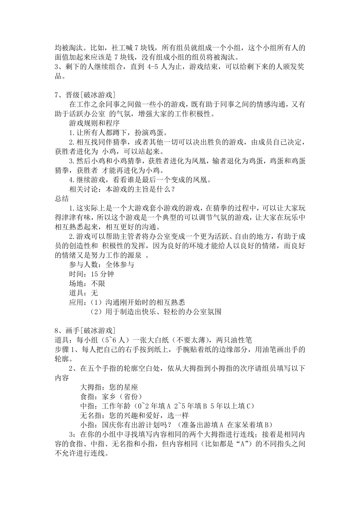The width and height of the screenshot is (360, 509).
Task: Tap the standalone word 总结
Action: pyautogui.click(x=62, y=198)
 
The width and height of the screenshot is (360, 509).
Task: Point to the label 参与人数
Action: pyautogui.click(x=83, y=265)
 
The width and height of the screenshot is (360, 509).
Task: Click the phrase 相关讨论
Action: pyautogui.click(x=83, y=189)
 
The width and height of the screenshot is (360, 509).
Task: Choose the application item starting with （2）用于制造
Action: pyautogui.click(x=156, y=312)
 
